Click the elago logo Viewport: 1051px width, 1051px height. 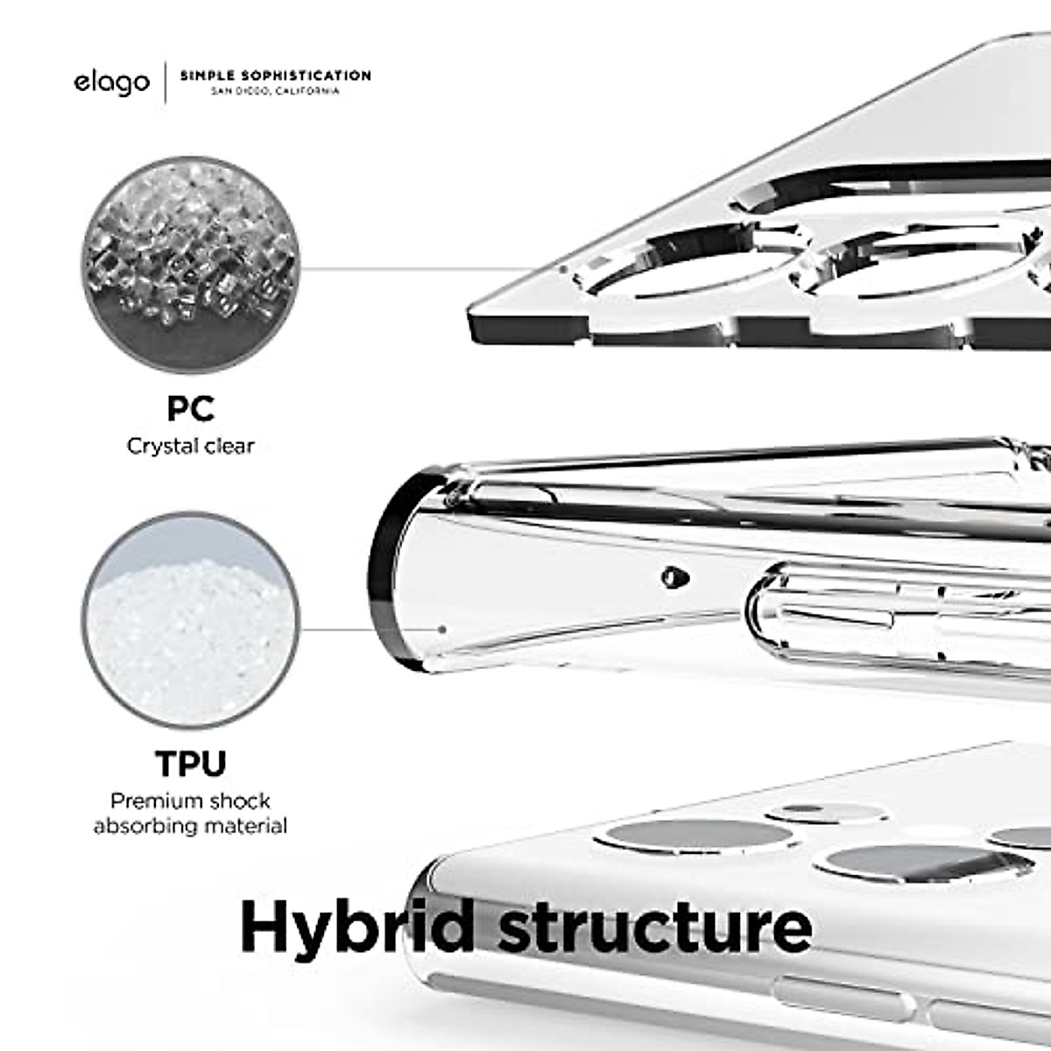click(x=111, y=83)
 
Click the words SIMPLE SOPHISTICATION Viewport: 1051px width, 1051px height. click(x=275, y=75)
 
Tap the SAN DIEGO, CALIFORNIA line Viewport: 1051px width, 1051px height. click(x=275, y=91)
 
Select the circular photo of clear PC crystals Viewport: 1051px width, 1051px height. click(x=191, y=269)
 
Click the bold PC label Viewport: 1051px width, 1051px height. click(x=190, y=408)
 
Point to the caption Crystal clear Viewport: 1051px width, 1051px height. click(x=190, y=446)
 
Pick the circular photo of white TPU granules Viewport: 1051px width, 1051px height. click(x=191, y=628)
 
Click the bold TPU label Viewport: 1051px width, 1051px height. click(x=190, y=764)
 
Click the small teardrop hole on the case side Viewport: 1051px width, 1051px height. click(x=674, y=576)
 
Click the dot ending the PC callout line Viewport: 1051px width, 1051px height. click(x=563, y=269)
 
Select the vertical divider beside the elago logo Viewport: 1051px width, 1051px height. click(x=166, y=83)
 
